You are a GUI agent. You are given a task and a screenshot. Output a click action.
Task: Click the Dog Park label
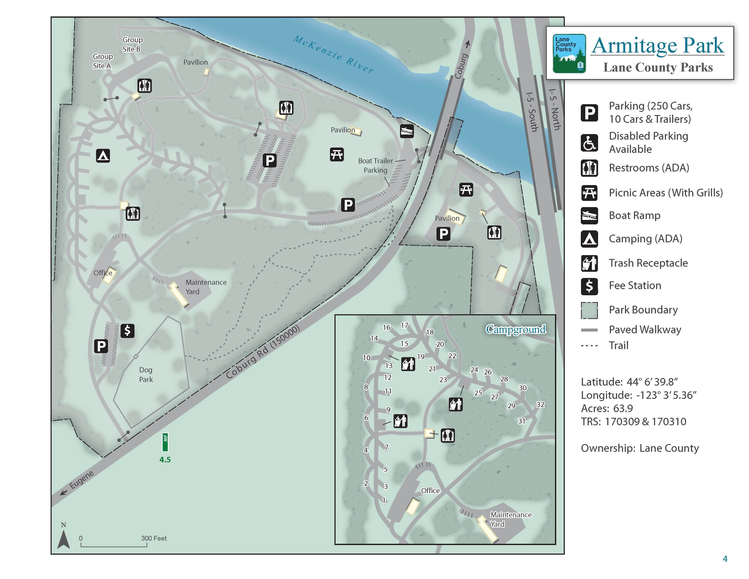(146, 374)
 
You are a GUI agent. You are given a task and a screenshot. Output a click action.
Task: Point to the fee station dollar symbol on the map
(127, 331)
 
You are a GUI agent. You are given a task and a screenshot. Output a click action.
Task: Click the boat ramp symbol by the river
(407, 131)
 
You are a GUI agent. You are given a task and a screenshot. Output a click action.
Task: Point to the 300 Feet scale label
(154, 538)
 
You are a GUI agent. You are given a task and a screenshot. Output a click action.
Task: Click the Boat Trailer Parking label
(375, 165)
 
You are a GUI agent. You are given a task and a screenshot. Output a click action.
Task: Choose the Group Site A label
(102, 61)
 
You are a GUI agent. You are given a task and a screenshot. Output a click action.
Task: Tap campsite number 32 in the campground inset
(540, 404)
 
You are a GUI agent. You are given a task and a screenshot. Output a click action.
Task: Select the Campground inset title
(515, 329)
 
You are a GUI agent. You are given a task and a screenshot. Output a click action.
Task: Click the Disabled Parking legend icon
(589, 143)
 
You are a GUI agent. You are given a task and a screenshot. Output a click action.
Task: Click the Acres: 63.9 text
(607, 408)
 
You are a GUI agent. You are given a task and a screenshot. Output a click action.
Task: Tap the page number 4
(725, 559)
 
